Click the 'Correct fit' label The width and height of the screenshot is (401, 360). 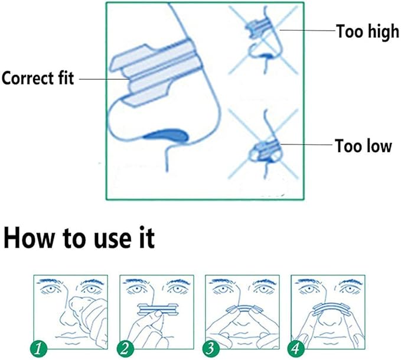point(38,78)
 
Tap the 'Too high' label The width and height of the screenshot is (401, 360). point(367,31)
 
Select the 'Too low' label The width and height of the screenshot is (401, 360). point(363,146)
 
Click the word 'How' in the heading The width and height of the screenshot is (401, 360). point(28,238)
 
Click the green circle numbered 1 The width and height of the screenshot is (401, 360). point(39,349)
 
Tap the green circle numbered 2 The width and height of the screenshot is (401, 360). point(125,349)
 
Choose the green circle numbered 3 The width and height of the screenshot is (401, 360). point(211,349)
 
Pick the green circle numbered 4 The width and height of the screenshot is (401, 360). point(296,349)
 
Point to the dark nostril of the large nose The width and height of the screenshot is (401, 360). point(167,135)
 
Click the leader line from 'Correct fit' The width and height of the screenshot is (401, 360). point(105,79)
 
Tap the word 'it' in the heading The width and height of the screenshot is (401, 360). point(147,238)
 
